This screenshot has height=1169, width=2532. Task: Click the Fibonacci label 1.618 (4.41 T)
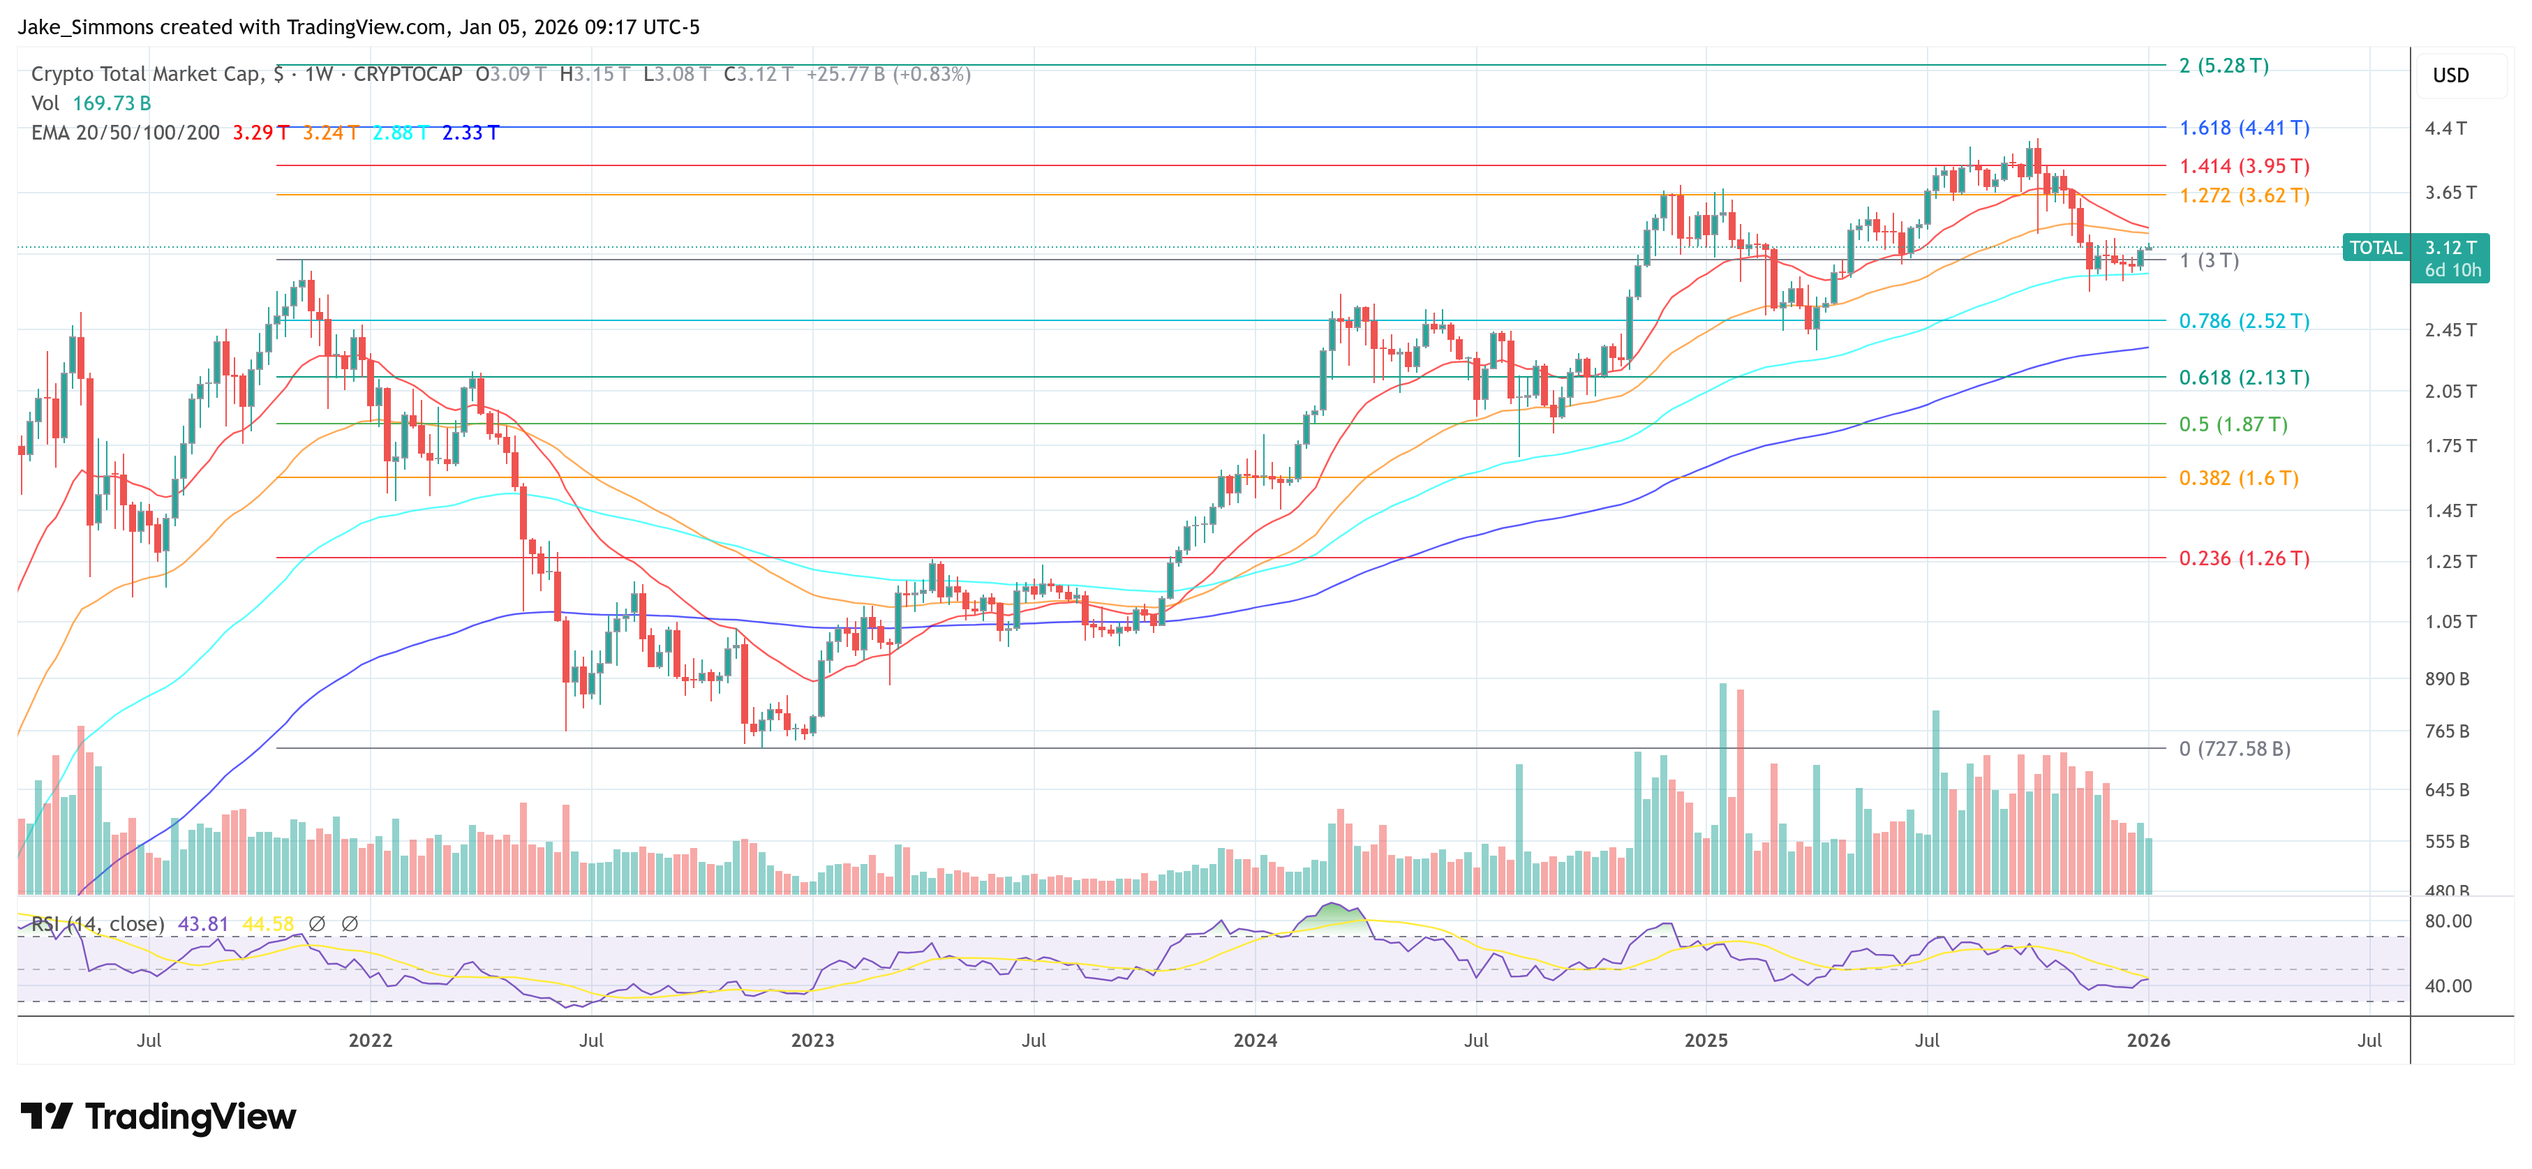coord(2244,128)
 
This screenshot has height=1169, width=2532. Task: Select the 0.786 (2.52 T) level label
coord(2244,322)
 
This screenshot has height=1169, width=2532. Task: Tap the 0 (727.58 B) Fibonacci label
coord(2234,749)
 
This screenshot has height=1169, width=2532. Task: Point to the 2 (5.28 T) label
coord(2224,66)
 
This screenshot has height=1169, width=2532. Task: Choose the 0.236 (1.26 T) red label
coord(2244,558)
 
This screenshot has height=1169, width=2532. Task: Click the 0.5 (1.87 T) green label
coord(2233,425)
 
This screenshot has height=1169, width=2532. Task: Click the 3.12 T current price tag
coord(2450,248)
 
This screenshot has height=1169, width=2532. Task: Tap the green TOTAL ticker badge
coord(2375,248)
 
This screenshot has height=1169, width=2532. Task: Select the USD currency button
coord(2450,75)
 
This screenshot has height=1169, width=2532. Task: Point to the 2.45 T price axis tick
coord(2450,330)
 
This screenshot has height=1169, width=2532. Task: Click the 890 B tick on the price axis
coord(2446,679)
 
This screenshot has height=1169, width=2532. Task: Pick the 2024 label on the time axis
coord(1256,1040)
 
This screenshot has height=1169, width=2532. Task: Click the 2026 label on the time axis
coord(2147,1040)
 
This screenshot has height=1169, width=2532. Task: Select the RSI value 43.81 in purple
coord(202,924)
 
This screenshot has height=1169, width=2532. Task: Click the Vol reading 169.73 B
coord(111,103)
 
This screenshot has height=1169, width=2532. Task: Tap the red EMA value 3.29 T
coord(260,133)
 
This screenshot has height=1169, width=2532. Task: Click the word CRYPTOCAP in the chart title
coord(407,75)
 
